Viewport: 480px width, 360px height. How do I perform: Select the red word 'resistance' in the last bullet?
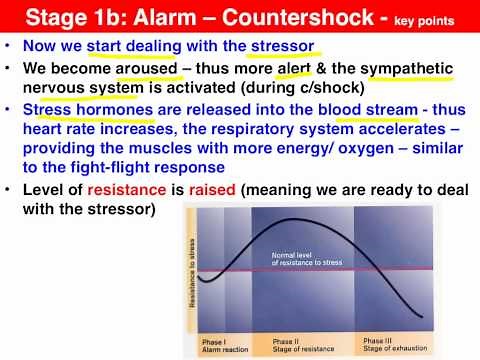(116, 191)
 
